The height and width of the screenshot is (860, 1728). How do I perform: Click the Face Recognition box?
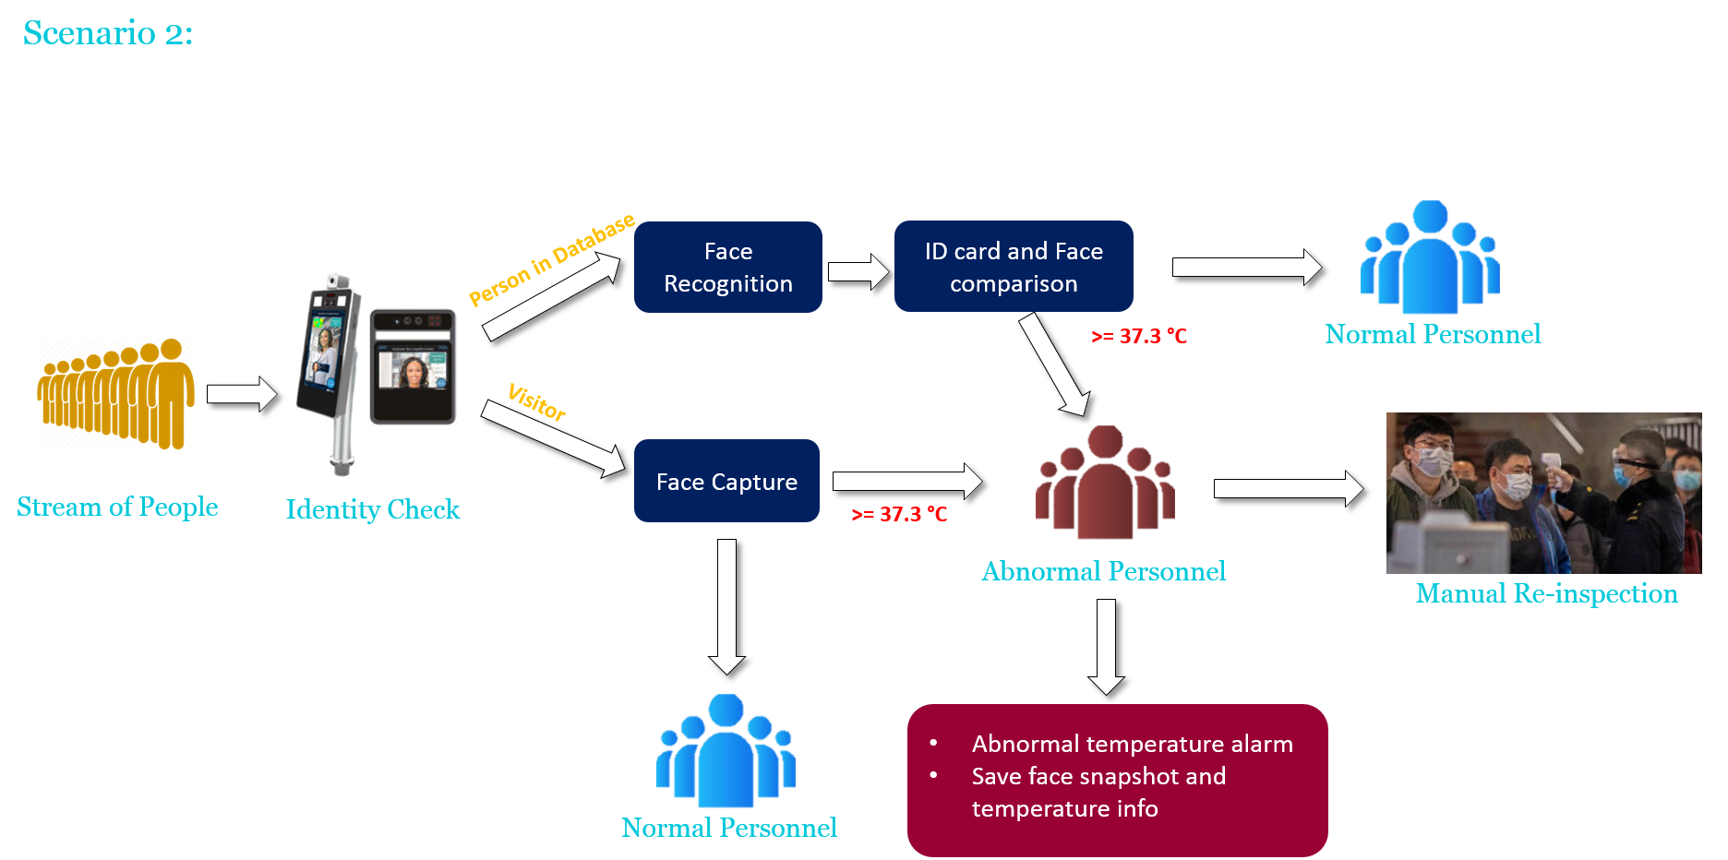coord(727,267)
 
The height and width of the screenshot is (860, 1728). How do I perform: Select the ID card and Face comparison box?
coord(1013,267)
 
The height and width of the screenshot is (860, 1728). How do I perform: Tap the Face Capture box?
coord(726,482)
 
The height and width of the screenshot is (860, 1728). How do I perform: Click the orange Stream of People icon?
coord(116,394)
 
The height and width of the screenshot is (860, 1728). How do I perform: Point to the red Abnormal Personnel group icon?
coord(1105,483)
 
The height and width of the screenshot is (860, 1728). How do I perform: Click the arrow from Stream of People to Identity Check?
coord(241,394)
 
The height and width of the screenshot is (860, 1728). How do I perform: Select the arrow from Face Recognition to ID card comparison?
coord(858,271)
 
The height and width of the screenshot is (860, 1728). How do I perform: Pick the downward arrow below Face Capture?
coord(726,605)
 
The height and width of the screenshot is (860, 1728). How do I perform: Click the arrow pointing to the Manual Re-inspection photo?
coord(1288,488)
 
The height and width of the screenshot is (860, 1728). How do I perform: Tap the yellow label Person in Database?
coord(551,259)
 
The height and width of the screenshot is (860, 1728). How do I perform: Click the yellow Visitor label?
coord(536,402)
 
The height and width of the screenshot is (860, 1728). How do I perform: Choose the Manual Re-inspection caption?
coord(1546,593)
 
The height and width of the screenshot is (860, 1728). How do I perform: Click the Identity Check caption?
coord(372,509)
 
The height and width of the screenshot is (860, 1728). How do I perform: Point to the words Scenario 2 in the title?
coord(107,33)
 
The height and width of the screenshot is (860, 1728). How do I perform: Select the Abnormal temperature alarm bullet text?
coord(1132,744)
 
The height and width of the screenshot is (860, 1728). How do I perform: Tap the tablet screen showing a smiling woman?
coord(413,366)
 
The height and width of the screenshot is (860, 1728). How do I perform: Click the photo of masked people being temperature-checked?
coord(1543,493)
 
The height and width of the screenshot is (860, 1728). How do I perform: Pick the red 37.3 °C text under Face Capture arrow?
coord(899,514)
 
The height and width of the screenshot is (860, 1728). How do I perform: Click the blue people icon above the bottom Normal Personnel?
coord(726,750)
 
